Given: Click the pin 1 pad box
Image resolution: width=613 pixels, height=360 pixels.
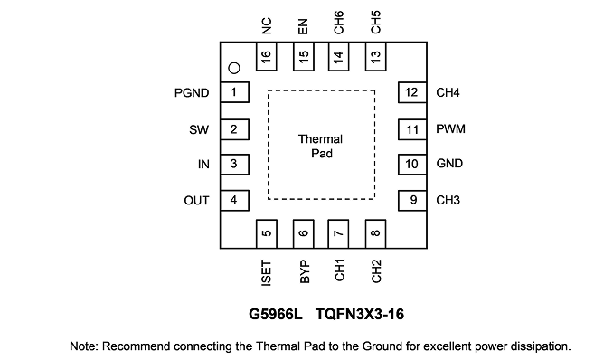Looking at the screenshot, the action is click(x=234, y=92).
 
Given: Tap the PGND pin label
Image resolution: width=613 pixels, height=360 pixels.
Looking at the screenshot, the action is click(x=192, y=93).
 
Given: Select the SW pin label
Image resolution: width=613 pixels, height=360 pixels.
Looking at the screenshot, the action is click(x=199, y=129).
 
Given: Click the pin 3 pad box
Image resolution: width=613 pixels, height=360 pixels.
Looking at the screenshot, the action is click(x=234, y=164).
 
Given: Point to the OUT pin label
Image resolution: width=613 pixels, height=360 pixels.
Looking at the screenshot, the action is click(x=196, y=200).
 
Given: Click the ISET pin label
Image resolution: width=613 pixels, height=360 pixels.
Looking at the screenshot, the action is click(x=266, y=273).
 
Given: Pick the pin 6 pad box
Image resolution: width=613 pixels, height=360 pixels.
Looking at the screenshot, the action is click(x=304, y=233).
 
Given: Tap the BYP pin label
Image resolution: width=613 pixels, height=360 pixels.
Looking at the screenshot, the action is click(x=304, y=271).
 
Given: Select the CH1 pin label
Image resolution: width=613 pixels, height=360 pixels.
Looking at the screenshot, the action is click(x=339, y=270).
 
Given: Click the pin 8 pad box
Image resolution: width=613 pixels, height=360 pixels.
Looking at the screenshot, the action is click(x=376, y=233).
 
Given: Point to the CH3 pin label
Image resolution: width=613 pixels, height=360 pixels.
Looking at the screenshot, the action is click(x=448, y=200).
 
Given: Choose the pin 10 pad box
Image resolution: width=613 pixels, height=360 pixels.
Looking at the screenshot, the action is click(x=412, y=164).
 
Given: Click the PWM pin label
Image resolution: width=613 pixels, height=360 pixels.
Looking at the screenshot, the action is click(x=451, y=128).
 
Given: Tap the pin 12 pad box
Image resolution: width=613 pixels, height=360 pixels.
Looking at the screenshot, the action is click(x=412, y=92).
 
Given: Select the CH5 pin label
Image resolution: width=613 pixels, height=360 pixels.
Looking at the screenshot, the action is click(x=375, y=23).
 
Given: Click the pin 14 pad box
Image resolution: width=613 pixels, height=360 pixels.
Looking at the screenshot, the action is click(x=338, y=56).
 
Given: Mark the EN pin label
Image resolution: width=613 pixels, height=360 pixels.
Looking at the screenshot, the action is click(x=303, y=26).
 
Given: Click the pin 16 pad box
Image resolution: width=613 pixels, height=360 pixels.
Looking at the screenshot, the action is click(x=266, y=56).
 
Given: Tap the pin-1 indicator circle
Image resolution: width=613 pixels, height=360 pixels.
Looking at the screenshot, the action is click(x=234, y=68).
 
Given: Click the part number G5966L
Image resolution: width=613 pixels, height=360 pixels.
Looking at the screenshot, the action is click(x=276, y=314).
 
